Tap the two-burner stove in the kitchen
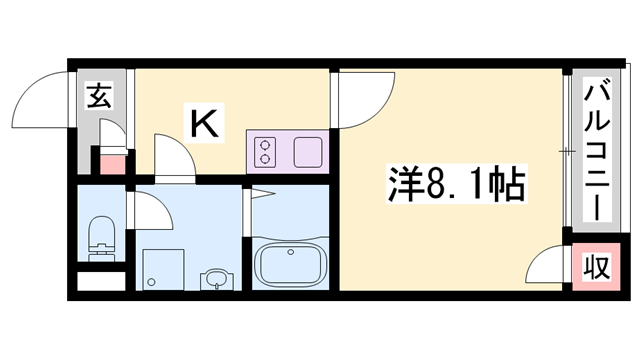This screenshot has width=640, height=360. click(267, 154)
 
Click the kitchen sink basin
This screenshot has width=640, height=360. click(305, 154)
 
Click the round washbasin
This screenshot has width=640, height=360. click(214, 279)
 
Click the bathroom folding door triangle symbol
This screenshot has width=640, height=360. click(262, 193)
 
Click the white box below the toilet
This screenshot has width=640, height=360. click(100, 281)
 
